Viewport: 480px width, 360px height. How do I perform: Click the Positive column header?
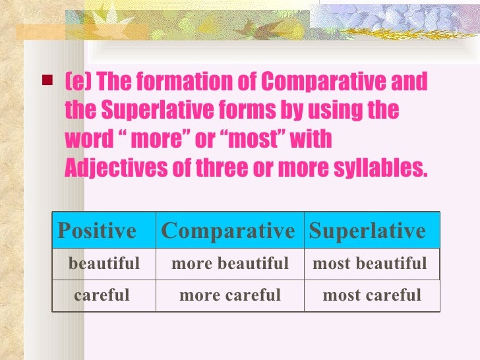coord(97,231)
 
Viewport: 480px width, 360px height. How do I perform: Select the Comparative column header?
coord(228,231)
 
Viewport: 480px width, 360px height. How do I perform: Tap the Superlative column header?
coord(367,231)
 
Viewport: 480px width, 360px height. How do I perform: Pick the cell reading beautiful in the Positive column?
coord(104,264)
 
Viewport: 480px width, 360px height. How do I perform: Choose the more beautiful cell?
coord(230,264)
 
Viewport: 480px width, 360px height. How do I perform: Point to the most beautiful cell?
coord(370,264)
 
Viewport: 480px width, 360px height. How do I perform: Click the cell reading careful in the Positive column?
coord(102,295)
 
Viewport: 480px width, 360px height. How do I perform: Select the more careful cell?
coord(230,295)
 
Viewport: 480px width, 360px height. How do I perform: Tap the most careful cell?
coord(371,295)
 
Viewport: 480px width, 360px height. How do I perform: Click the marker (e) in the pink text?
coord(78,83)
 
